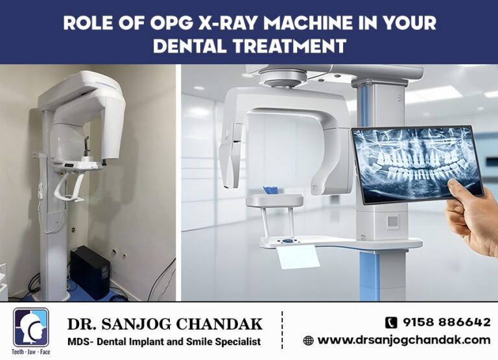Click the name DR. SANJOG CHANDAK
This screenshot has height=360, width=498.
165,323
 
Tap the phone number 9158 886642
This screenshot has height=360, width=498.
446,322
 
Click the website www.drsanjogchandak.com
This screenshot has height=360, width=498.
403,340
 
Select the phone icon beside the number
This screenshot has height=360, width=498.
391,322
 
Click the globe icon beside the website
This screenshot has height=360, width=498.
308,340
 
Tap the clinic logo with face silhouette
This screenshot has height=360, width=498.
30,327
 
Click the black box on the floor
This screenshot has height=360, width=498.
89,272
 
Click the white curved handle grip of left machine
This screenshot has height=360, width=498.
69,188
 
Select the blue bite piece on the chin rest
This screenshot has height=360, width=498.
270,190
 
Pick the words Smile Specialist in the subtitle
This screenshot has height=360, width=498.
227,341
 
